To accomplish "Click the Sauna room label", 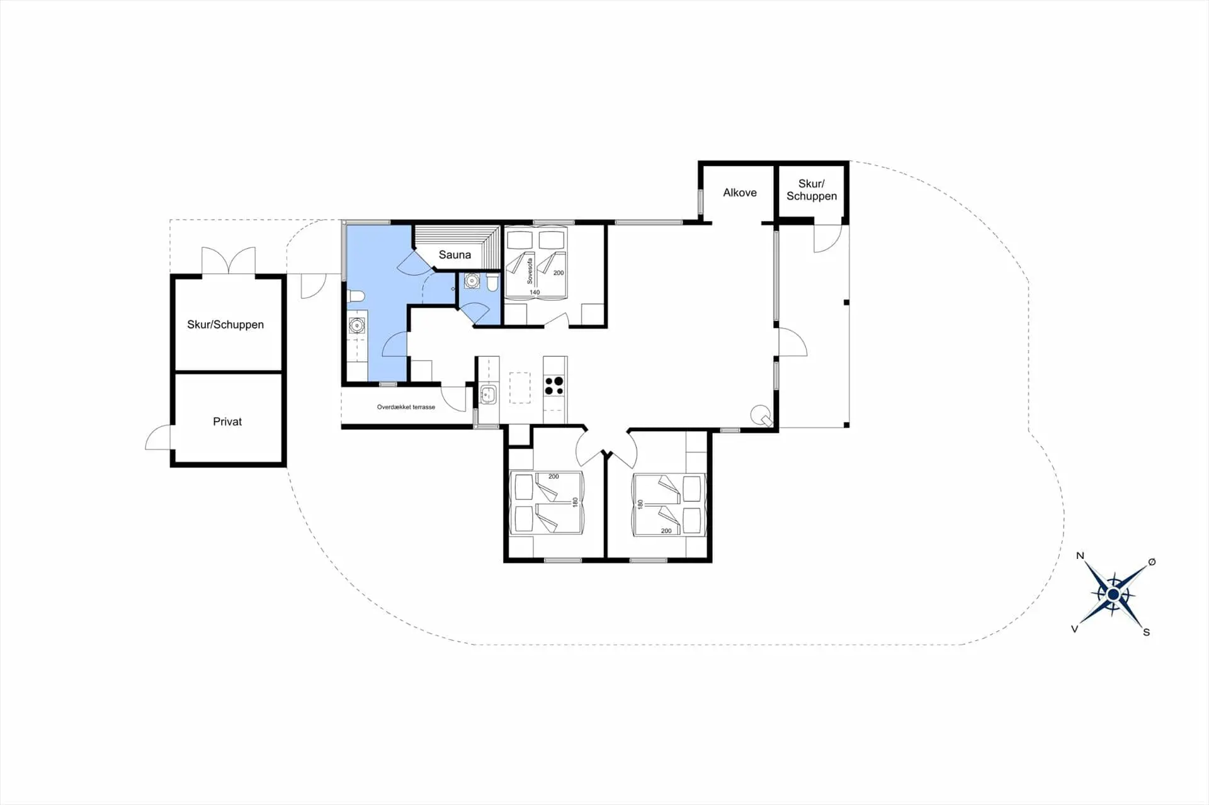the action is point(455,255).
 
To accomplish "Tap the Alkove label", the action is point(740,193).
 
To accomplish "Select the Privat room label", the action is point(227,422).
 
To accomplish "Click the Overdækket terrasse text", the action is point(406,407).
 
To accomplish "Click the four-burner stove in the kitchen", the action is point(554,385).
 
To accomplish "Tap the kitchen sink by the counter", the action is point(488,395).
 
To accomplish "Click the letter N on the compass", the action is point(1080,555).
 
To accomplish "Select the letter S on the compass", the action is point(1147,632).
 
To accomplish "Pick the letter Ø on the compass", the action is point(1152,562).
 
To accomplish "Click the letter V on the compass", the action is point(1075,629).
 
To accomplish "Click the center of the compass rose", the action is point(1113,594).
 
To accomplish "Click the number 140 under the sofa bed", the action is point(535,292).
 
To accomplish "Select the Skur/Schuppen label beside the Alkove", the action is point(812,190).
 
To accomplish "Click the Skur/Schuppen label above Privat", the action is point(225,325).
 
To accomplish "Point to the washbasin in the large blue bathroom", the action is point(357,325).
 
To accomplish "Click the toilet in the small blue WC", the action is point(492,283).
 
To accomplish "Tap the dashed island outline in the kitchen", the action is point(520,388).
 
